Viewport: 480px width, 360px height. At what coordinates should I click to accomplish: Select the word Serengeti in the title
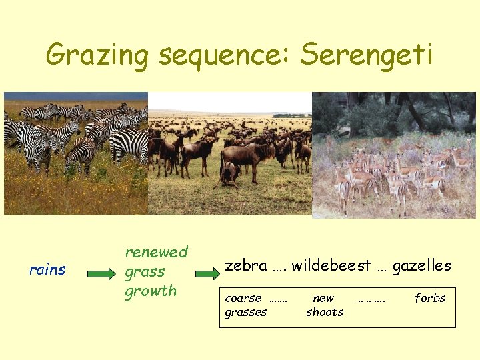(x=366, y=55)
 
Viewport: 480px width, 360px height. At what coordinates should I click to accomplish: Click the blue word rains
(x=47, y=270)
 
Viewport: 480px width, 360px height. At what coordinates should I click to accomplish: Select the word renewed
(x=157, y=252)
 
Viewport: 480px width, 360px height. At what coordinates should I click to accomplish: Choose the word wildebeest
(x=330, y=266)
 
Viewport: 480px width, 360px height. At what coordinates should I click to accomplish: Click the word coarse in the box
(x=243, y=298)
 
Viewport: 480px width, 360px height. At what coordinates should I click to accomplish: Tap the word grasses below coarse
(x=246, y=312)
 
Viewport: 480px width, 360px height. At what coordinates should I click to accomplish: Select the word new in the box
(x=323, y=298)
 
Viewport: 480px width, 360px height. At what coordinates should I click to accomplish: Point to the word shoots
(x=325, y=312)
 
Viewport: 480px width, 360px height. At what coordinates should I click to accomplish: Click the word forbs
(x=430, y=298)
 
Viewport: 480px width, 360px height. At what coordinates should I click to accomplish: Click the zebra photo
(x=75, y=153)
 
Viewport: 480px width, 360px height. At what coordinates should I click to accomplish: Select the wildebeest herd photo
(x=230, y=153)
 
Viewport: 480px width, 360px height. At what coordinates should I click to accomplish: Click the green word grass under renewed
(x=145, y=272)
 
